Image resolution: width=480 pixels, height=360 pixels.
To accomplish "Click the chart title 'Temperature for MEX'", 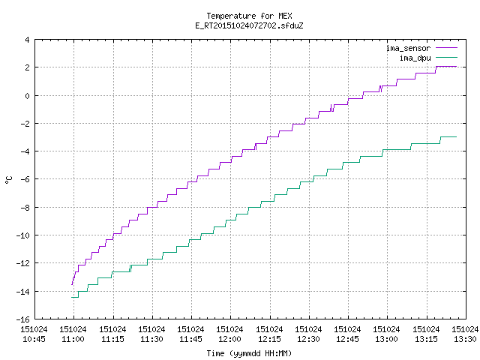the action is coord(249,16).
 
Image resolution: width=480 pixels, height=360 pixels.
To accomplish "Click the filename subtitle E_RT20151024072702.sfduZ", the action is coord(249,25).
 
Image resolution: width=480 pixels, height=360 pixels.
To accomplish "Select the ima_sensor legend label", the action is coord(408,48).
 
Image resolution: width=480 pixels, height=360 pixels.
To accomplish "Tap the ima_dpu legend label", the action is coord(415,58).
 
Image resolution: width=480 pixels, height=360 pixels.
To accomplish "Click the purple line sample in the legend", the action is coord(447,48).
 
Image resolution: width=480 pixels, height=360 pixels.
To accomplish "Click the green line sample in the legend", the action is coord(447,57).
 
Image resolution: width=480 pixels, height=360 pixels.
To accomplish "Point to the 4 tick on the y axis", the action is coord(28,40).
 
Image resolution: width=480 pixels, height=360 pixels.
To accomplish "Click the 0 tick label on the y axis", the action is coord(28,96).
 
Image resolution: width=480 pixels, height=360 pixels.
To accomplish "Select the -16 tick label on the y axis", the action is coord(23,319).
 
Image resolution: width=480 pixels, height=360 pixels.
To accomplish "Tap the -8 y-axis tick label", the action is coord(25,208).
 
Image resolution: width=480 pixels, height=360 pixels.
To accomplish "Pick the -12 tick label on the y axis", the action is coord(23,263).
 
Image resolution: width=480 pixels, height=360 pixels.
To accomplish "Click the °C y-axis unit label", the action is coord(9,180).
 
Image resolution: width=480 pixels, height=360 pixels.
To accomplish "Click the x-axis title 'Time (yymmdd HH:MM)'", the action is coord(249,353).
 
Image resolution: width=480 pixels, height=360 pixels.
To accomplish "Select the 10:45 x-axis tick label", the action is coord(34,334).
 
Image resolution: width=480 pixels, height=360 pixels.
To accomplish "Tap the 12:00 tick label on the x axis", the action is coord(229,334).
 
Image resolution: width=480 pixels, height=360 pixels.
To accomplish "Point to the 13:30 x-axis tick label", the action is coord(465,334).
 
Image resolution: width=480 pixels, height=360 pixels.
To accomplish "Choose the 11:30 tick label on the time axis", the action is coord(151,334).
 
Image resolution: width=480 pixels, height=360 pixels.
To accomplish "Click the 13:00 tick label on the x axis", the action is coord(386,334).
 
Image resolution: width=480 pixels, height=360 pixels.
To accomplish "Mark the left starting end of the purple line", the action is coord(72,285).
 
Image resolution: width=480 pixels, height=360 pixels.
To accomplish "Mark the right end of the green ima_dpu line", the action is coord(457,136).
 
